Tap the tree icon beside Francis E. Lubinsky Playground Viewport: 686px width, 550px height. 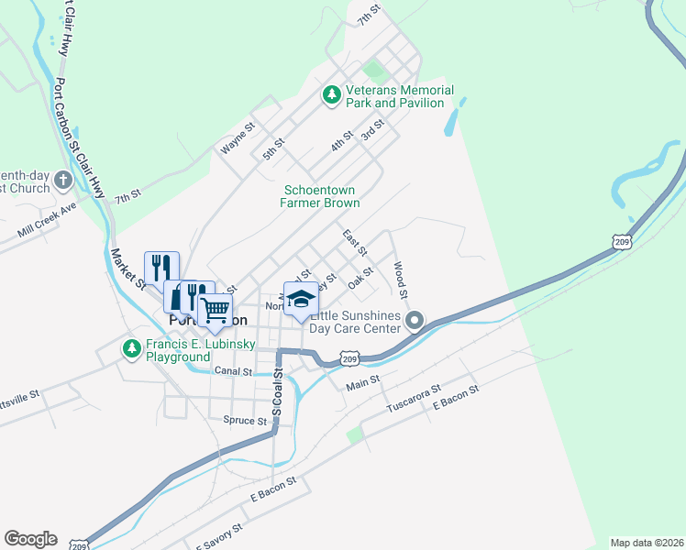[x=132, y=349]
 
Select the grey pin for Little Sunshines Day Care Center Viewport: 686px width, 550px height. [x=415, y=321]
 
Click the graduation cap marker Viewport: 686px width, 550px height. [x=300, y=299]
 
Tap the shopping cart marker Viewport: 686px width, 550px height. [x=215, y=311]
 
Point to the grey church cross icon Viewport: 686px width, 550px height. [x=63, y=180]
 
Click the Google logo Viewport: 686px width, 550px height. [x=30, y=539]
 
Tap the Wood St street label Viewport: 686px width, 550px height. [x=400, y=280]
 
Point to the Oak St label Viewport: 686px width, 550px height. [x=361, y=277]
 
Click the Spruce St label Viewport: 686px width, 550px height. [x=244, y=421]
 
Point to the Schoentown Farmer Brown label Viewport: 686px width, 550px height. [x=319, y=196]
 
